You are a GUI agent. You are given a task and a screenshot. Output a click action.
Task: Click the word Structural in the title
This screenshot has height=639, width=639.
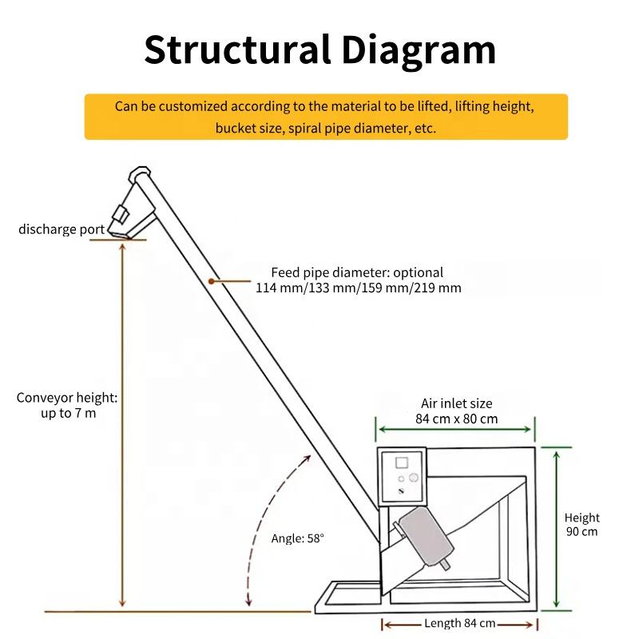236,50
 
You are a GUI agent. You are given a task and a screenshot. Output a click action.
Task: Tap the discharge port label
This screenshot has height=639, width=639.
61,230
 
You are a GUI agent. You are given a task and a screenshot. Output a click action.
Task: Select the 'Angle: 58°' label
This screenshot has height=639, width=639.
298,538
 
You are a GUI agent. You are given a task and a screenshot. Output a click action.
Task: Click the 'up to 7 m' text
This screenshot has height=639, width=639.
68,414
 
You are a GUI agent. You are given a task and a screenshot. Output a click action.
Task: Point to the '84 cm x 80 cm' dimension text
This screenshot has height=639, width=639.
456,419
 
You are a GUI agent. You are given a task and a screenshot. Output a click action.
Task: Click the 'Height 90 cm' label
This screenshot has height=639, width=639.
581,525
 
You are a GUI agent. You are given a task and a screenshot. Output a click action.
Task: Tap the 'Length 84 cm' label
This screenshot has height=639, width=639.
459,623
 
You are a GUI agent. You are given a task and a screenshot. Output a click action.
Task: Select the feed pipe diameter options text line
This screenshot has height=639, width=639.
358,288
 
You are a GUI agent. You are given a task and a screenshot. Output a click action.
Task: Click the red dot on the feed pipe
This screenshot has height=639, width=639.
211,280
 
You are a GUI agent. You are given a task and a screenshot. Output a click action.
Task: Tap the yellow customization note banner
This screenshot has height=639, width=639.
326,117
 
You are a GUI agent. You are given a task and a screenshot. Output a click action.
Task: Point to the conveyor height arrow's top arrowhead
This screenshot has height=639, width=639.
121,247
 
